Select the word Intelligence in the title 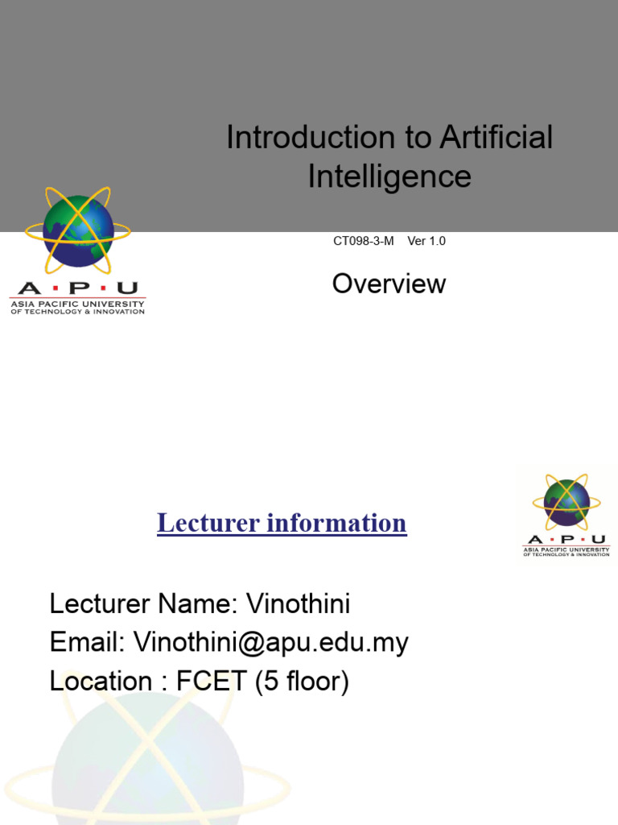point(389,176)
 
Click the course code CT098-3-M point(364,241)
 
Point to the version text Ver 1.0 point(426,241)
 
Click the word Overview point(389,284)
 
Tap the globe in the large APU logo point(78,232)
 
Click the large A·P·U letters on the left point(77,288)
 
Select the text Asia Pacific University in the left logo point(77,304)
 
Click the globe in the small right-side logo point(566,502)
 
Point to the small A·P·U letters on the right point(566,539)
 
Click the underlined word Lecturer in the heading point(207,523)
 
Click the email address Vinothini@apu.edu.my point(271,642)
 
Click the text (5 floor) point(303,682)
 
